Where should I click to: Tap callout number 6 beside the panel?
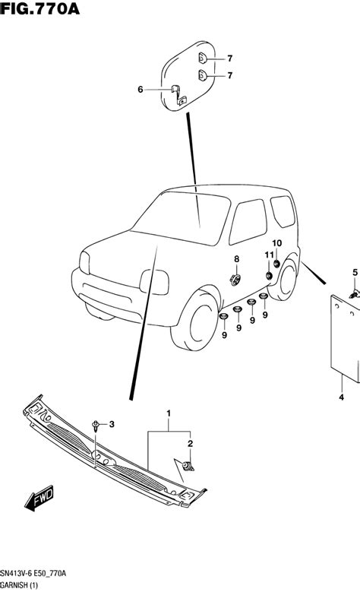141,90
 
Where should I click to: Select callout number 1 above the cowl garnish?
169,413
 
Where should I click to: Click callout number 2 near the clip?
191,442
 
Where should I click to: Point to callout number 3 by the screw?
112,423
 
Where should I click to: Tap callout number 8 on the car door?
236,259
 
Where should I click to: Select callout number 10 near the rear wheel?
277,243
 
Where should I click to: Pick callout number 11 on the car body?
269,255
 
